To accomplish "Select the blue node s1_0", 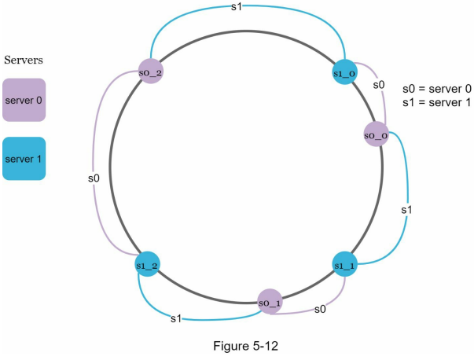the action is [344, 72].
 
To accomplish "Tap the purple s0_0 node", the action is [376, 134].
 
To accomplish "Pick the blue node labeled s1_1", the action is [344, 264].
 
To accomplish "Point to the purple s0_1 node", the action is [270, 301].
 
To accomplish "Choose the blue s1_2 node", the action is [147, 264].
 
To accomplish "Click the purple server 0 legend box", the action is [24, 100].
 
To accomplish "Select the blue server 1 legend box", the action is [24, 159].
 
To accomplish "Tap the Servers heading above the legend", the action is [24, 60].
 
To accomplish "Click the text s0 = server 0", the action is [437, 89].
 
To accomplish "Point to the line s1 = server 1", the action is [437, 102].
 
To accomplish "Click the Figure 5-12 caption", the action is [245, 346].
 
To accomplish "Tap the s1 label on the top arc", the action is [237, 6].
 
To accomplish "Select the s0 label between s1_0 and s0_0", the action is [379, 85].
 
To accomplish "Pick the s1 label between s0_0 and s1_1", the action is [406, 209].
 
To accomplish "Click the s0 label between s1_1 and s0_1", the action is [320, 309].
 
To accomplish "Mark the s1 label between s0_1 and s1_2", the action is [176, 318].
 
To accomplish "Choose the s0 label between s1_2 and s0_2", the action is [94, 178].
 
